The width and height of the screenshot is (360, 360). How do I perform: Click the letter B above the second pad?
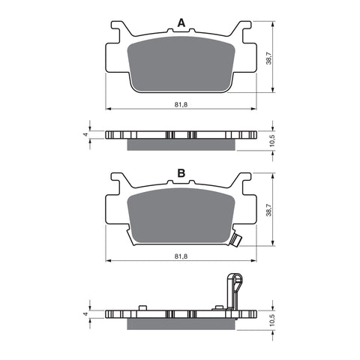pyautogui.click(x=181, y=173)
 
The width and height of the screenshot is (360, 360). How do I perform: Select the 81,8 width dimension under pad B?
pyautogui.click(x=180, y=256)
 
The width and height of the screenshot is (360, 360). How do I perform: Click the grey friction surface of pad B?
pyautogui.click(x=180, y=216)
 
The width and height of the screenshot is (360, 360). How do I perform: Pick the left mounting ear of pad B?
pyautogui.click(x=118, y=182)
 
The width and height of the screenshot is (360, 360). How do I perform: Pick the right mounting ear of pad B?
pyautogui.click(x=241, y=182)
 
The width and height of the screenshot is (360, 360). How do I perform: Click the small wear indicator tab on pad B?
pyautogui.click(x=237, y=240)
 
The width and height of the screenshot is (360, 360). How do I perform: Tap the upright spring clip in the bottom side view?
pyautogui.click(x=234, y=289)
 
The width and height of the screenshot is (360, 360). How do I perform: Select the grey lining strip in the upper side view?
pyautogui.click(x=180, y=143)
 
